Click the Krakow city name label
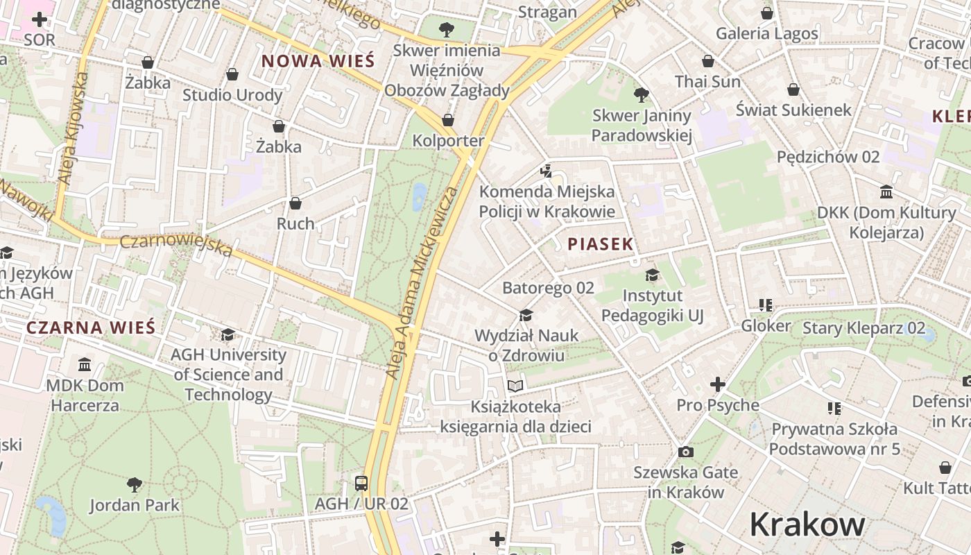(807, 525)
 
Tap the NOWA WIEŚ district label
(318, 60)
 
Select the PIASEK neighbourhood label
(601, 244)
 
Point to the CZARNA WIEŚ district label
(91, 327)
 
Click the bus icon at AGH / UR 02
(361, 483)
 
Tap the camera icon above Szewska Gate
(685, 452)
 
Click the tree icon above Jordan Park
(135, 484)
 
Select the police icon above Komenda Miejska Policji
(547, 171)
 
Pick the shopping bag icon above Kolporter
(448, 120)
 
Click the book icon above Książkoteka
(515, 386)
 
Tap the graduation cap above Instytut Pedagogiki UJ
(652, 275)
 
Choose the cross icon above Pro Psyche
(718, 384)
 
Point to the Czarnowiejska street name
(176, 244)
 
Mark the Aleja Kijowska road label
(74, 128)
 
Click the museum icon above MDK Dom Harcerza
(85, 365)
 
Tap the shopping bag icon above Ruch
(295, 203)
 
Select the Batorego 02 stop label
(548, 287)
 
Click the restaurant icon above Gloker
(766, 305)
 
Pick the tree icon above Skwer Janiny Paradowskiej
(642, 95)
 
